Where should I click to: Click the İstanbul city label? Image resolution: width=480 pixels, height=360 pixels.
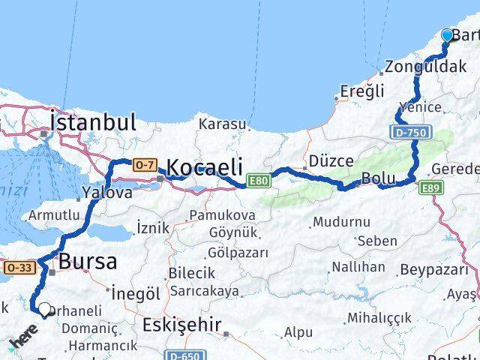93,122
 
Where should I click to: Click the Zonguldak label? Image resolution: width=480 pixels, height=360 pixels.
425,67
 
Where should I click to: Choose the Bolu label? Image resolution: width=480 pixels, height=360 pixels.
377,179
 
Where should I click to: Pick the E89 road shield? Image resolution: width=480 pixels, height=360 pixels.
430,187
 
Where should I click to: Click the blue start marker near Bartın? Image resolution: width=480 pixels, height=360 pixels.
448,34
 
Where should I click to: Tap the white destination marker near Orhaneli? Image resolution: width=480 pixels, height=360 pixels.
45,309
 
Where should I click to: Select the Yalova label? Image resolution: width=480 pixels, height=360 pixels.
107,193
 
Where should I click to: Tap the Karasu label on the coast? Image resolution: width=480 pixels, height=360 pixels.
222,124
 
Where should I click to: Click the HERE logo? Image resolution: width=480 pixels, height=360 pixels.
22,342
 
